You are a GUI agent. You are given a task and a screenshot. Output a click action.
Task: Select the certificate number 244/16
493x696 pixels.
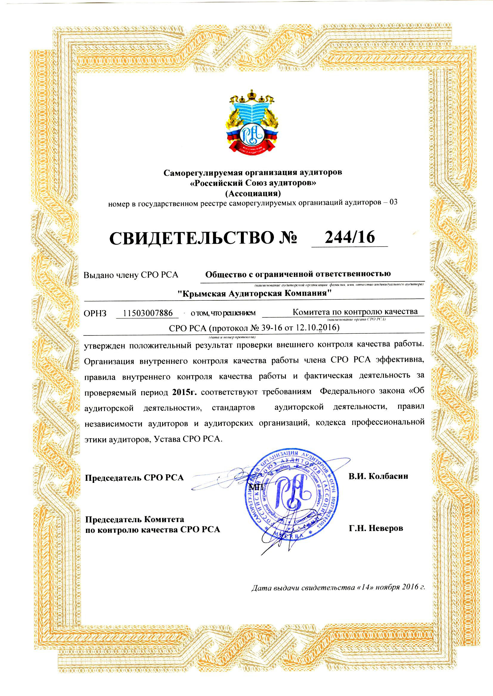(x=350, y=237)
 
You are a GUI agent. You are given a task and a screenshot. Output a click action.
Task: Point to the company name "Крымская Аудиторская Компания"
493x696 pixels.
(x=254, y=293)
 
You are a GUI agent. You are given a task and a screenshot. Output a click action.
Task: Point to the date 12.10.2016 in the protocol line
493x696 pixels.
(x=318, y=327)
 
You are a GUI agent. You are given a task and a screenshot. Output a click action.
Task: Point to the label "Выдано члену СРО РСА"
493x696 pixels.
(x=131, y=275)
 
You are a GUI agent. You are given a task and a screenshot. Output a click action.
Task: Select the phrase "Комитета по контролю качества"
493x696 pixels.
(x=355, y=311)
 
